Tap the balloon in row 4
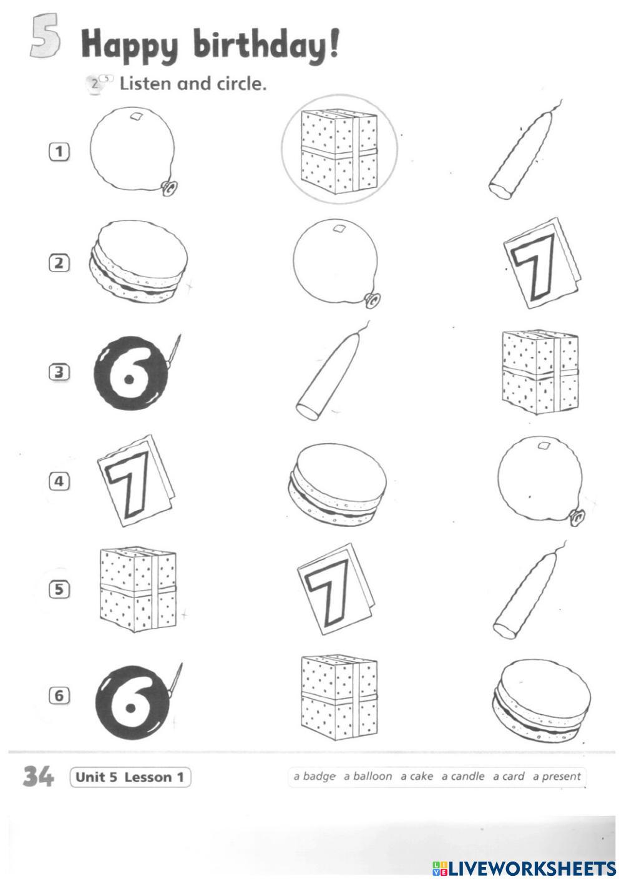click(541, 481)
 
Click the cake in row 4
click(338, 484)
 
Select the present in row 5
click(138, 589)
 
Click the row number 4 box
click(59, 481)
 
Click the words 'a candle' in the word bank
click(462, 776)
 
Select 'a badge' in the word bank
click(314, 776)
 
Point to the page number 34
click(38, 776)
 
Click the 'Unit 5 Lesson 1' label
click(130, 777)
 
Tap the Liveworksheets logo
click(524, 868)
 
